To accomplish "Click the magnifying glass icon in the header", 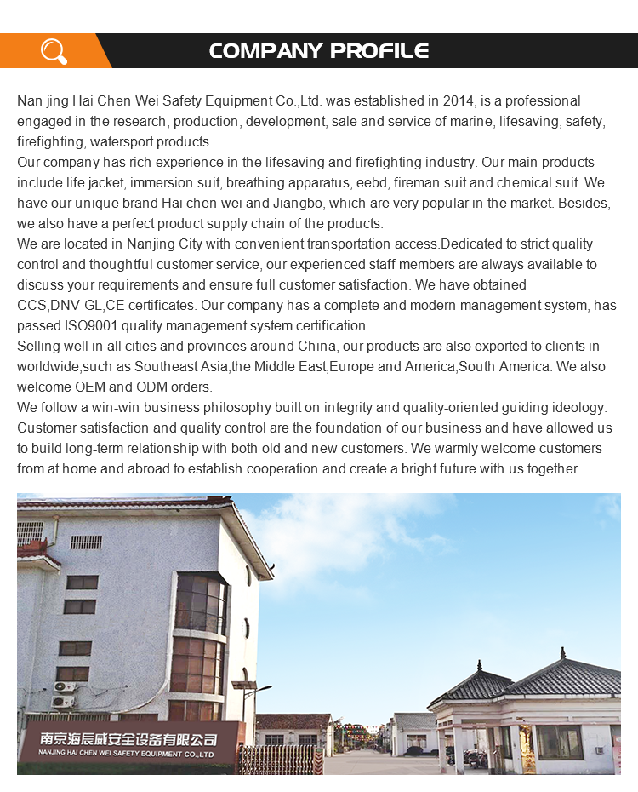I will tap(54, 51).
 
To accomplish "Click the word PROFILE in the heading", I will tap(379, 51).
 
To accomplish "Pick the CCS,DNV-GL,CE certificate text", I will tap(71, 306).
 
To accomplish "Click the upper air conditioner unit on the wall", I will tap(65, 686).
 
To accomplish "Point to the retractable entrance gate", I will tap(281, 759).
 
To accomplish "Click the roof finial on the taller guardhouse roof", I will tap(562, 652).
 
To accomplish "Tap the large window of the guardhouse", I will tap(558, 742).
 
